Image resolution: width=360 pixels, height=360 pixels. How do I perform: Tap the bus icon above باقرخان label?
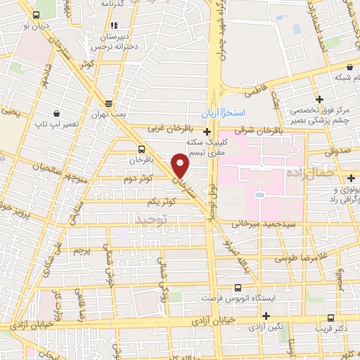143,149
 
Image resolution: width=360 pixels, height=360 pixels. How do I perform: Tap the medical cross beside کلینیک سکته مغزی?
207,131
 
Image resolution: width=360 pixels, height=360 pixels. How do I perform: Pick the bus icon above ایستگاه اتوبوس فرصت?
237,288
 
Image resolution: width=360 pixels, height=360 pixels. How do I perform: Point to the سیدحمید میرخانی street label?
260,223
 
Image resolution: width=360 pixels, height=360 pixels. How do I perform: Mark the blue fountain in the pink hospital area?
259,193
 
